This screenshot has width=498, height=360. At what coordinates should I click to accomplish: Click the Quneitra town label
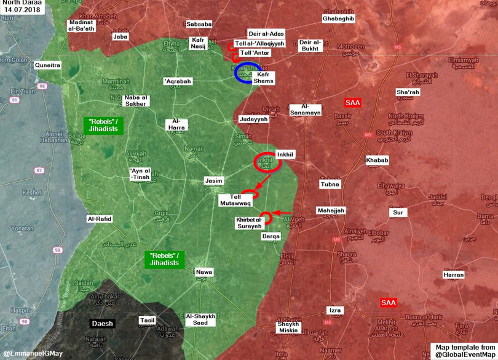[47, 64]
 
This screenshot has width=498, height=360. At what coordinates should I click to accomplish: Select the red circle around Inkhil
[268, 161]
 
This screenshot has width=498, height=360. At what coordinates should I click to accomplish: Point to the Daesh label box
[98, 322]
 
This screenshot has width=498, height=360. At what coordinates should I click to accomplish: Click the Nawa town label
[204, 271]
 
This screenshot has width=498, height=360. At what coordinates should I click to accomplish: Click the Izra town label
[334, 311]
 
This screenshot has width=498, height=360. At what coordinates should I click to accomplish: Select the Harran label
[454, 274]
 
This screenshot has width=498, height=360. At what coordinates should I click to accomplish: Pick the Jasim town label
[213, 182]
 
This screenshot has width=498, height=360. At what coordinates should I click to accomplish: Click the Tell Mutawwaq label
[234, 198]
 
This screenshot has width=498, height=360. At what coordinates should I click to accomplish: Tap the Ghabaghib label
[338, 19]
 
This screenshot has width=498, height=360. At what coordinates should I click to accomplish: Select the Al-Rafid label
[99, 218]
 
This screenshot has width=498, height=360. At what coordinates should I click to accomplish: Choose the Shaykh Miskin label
[288, 327]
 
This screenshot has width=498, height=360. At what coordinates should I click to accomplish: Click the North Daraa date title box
[22, 7]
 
